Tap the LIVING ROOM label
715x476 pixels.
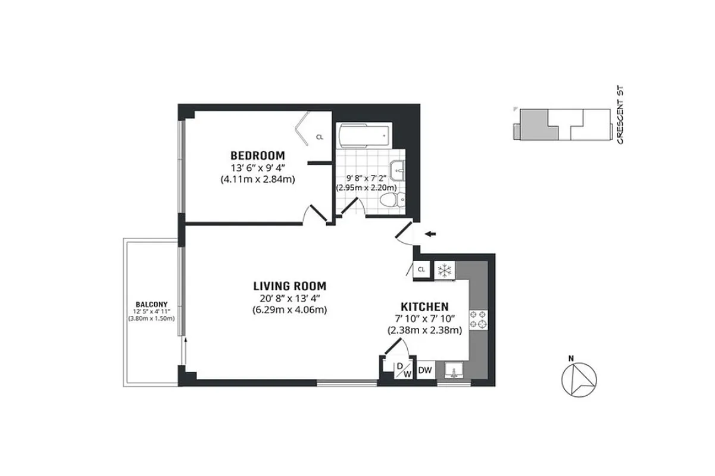click(289, 286)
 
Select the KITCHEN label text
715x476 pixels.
click(424, 306)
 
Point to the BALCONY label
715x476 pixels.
click(151, 303)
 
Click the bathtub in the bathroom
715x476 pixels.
click(363, 136)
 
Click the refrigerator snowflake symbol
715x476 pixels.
click(444, 270)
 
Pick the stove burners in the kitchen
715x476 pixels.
click(479, 319)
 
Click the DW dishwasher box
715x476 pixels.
click(424, 371)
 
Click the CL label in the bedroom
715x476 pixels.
click(320, 137)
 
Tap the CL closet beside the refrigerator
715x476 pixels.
click(421, 270)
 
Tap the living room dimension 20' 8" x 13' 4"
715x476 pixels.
click(289, 297)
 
